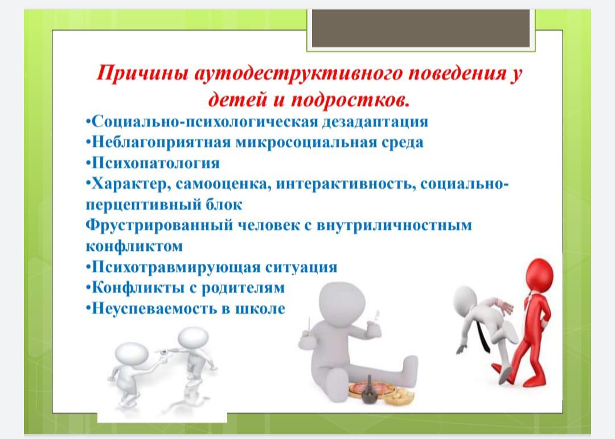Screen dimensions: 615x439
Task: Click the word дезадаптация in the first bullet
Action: point(375,122)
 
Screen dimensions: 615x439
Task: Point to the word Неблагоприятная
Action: point(161,143)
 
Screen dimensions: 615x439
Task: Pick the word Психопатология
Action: point(155,163)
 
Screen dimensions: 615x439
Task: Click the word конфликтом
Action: point(134,246)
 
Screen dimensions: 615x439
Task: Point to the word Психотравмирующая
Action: point(176,267)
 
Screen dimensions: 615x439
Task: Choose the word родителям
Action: point(243,288)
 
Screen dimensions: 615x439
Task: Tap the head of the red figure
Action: point(539,275)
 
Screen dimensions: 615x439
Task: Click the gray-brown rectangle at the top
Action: point(421,28)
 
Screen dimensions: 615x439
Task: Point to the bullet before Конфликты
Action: point(88,288)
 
